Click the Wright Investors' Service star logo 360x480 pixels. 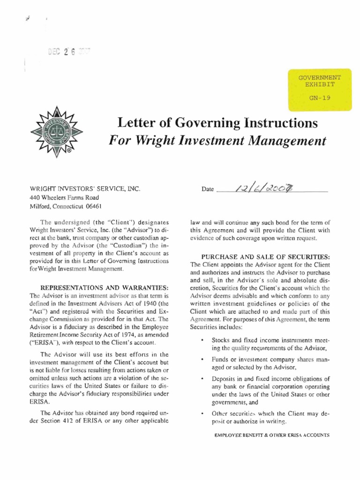click(56, 131)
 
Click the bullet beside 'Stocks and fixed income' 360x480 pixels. click(202, 339)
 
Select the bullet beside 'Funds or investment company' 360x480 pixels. click(202, 359)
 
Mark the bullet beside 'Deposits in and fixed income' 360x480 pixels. click(202, 379)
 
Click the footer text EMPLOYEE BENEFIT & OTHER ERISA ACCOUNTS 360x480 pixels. click(272, 435)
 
